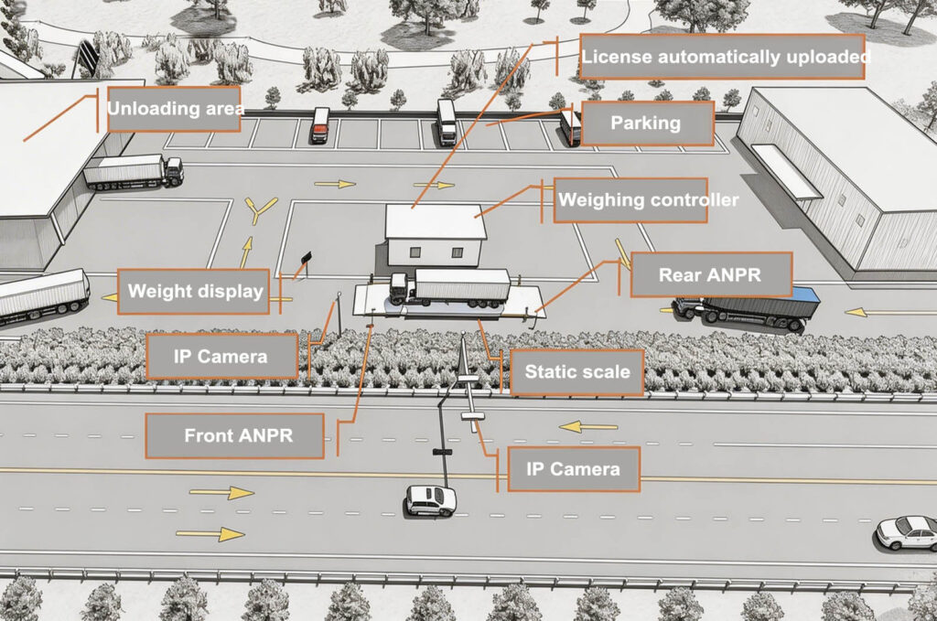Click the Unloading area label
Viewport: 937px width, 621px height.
[174, 109]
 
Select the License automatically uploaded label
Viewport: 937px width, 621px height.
[723, 57]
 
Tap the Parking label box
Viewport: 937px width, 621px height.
[646, 123]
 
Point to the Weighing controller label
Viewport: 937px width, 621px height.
[630, 200]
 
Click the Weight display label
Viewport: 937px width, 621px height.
[194, 292]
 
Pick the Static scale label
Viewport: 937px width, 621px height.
[576, 372]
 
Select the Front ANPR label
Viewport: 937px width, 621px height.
[235, 435]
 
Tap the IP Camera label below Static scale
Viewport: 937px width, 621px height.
[573, 469]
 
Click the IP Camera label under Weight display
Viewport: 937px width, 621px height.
[221, 356]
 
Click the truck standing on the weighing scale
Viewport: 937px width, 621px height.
[449, 286]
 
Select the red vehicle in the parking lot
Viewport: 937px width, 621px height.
[319, 125]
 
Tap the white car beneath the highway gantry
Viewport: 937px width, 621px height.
[431, 499]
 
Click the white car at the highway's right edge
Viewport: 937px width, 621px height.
[907, 531]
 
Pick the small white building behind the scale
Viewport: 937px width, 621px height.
[435, 234]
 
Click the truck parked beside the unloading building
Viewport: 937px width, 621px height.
[134, 171]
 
